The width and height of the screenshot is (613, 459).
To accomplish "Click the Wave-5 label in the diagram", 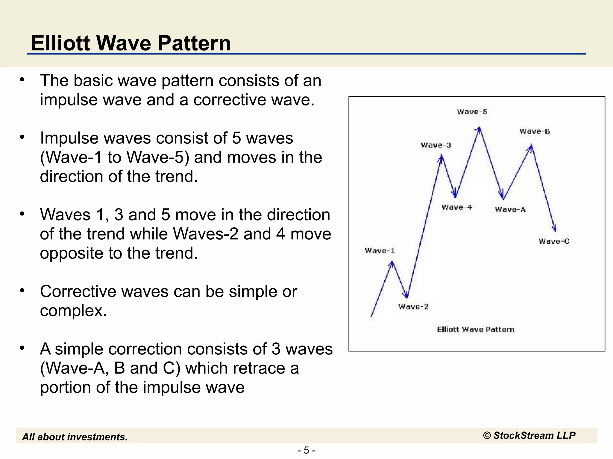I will pyautogui.click(x=472, y=112).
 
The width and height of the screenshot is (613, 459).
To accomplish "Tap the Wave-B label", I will pyautogui.click(x=535, y=131).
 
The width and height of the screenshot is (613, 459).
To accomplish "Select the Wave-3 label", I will pyautogui.click(x=436, y=146).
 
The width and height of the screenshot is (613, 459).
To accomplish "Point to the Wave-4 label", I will pyautogui.click(x=456, y=207).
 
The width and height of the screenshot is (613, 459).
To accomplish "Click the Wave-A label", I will pyautogui.click(x=510, y=209).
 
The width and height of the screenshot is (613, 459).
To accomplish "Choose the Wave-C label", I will pyautogui.click(x=554, y=241).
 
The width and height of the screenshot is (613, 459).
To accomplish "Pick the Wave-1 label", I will pyautogui.click(x=380, y=251).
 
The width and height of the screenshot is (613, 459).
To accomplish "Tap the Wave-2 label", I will pyautogui.click(x=413, y=307).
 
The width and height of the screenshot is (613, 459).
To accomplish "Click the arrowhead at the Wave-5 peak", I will pyautogui.click(x=479, y=129).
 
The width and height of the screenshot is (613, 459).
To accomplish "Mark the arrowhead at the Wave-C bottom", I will pyautogui.click(x=555, y=229).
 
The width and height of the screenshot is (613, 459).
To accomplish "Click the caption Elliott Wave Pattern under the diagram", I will pyautogui.click(x=476, y=330).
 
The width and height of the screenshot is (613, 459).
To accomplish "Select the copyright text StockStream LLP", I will pyautogui.click(x=529, y=435).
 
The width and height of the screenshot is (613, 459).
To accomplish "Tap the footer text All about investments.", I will pyautogui.click(x=75, y=437).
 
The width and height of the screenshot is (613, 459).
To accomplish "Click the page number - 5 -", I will pyautogui.click(x=306, y=450).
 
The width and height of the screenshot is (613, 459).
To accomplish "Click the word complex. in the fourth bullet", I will pyautogui.click(x=73, y=310).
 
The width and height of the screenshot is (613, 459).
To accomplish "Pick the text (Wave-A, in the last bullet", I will pyautogui.click(x=75, y=368).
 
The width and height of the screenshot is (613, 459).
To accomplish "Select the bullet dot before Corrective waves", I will pyautogui.click(x=22, y=290).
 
